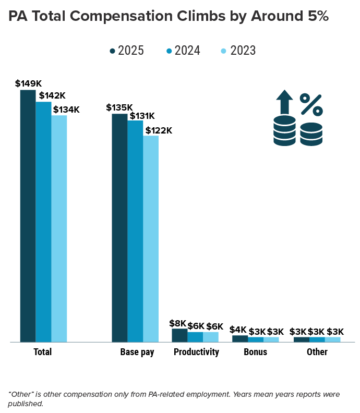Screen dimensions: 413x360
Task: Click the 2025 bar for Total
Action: (x=28, y=216)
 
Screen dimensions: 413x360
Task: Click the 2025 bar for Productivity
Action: (x=179, y=335)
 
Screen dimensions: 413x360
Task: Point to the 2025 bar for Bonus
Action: (x=240, y=338)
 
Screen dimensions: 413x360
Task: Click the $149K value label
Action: (x=28, y=83)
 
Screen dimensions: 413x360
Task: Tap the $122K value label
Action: (x=159, y=130)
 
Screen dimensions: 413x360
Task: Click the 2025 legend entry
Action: (x=127, y=51)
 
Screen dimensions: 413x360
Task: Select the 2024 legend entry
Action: (x=183, y=51)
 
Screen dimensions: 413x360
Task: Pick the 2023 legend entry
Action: (x=239, y=51)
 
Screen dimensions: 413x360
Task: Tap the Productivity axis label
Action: (x=196, y=352)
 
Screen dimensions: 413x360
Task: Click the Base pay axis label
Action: (x=137, y=352)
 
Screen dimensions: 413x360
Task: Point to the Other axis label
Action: (x=317, y=352)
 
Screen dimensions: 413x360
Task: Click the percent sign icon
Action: (x=311, y=105)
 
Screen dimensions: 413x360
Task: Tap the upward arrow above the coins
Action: (x=284, y=102)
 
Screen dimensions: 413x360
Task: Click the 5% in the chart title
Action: (x=314, y=16)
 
